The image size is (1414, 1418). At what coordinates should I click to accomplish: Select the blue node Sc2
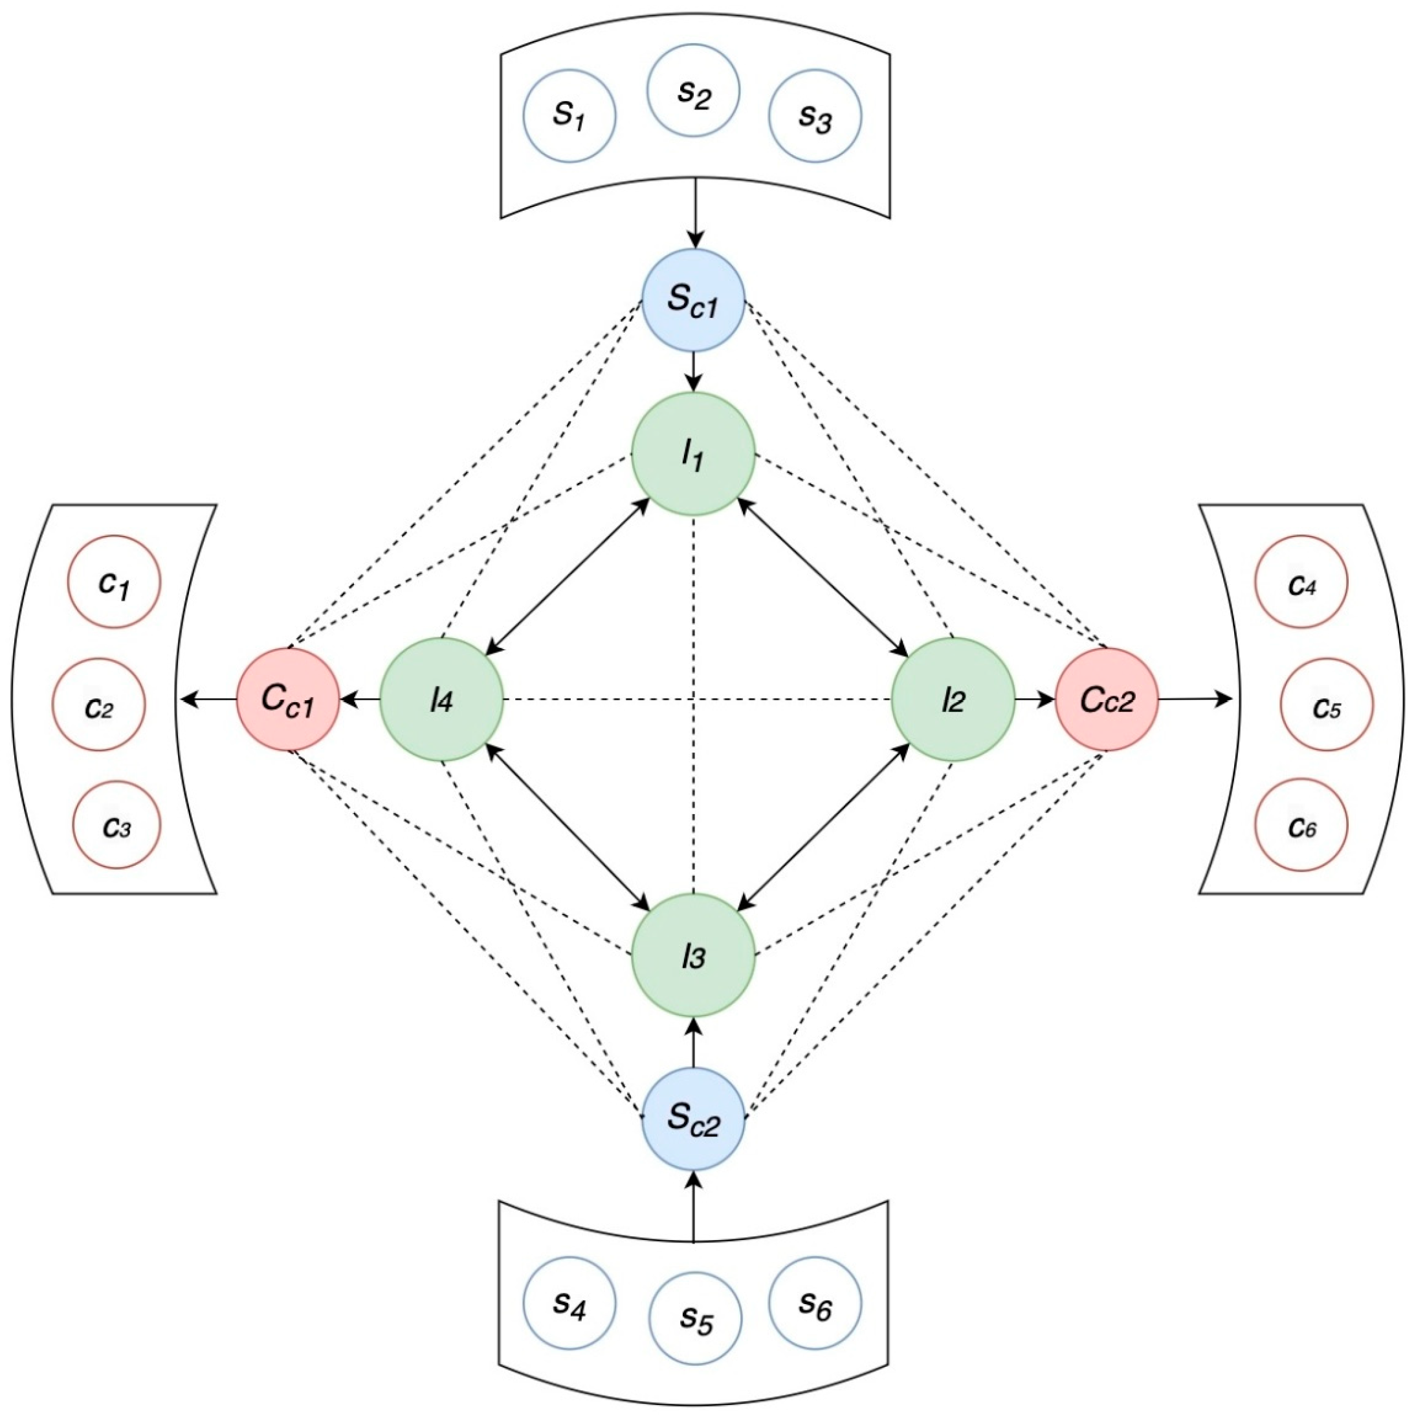[694, 1118]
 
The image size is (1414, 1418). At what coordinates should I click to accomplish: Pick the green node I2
[953, 699]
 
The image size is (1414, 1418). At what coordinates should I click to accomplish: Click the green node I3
[694, 956]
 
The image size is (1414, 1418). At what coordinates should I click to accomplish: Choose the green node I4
[441, 699]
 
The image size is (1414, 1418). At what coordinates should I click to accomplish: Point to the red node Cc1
[287, 699]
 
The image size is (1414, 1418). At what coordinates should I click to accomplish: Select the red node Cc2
[1107, 699]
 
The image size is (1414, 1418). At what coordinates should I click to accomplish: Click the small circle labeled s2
[692, 90]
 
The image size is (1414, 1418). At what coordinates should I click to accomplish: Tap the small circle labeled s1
[569, 116]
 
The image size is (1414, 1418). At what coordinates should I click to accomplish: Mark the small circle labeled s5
[696, 1318]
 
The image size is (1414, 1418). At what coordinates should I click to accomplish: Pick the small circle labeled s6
[815, 1303]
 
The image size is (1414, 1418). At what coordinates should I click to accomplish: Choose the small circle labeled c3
[116, 826]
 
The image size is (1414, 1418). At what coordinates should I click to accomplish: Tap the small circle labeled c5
[1326, 705]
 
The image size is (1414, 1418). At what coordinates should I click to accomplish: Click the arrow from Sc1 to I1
[694, 371]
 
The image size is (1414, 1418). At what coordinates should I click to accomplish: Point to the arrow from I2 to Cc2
[1035, 699]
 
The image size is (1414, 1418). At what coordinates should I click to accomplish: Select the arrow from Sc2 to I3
[694, 1042]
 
